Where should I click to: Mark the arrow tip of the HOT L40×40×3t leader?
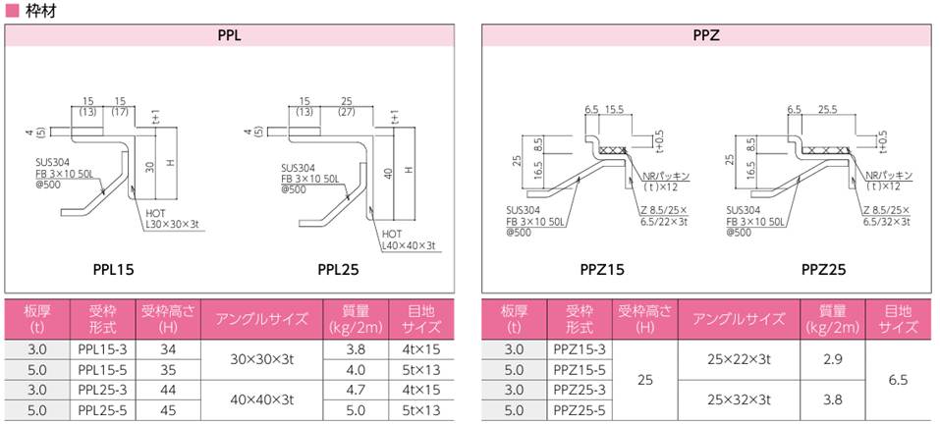(370, 206)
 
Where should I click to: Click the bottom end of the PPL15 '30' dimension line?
(155, 199)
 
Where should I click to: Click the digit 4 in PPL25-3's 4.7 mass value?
(351, 391)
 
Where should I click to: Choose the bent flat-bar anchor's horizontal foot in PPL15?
(74, 211)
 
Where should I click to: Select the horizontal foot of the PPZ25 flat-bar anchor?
(764, 193)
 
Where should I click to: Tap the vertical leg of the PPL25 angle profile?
(370, 174)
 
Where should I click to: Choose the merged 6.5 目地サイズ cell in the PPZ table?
(900, 380)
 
